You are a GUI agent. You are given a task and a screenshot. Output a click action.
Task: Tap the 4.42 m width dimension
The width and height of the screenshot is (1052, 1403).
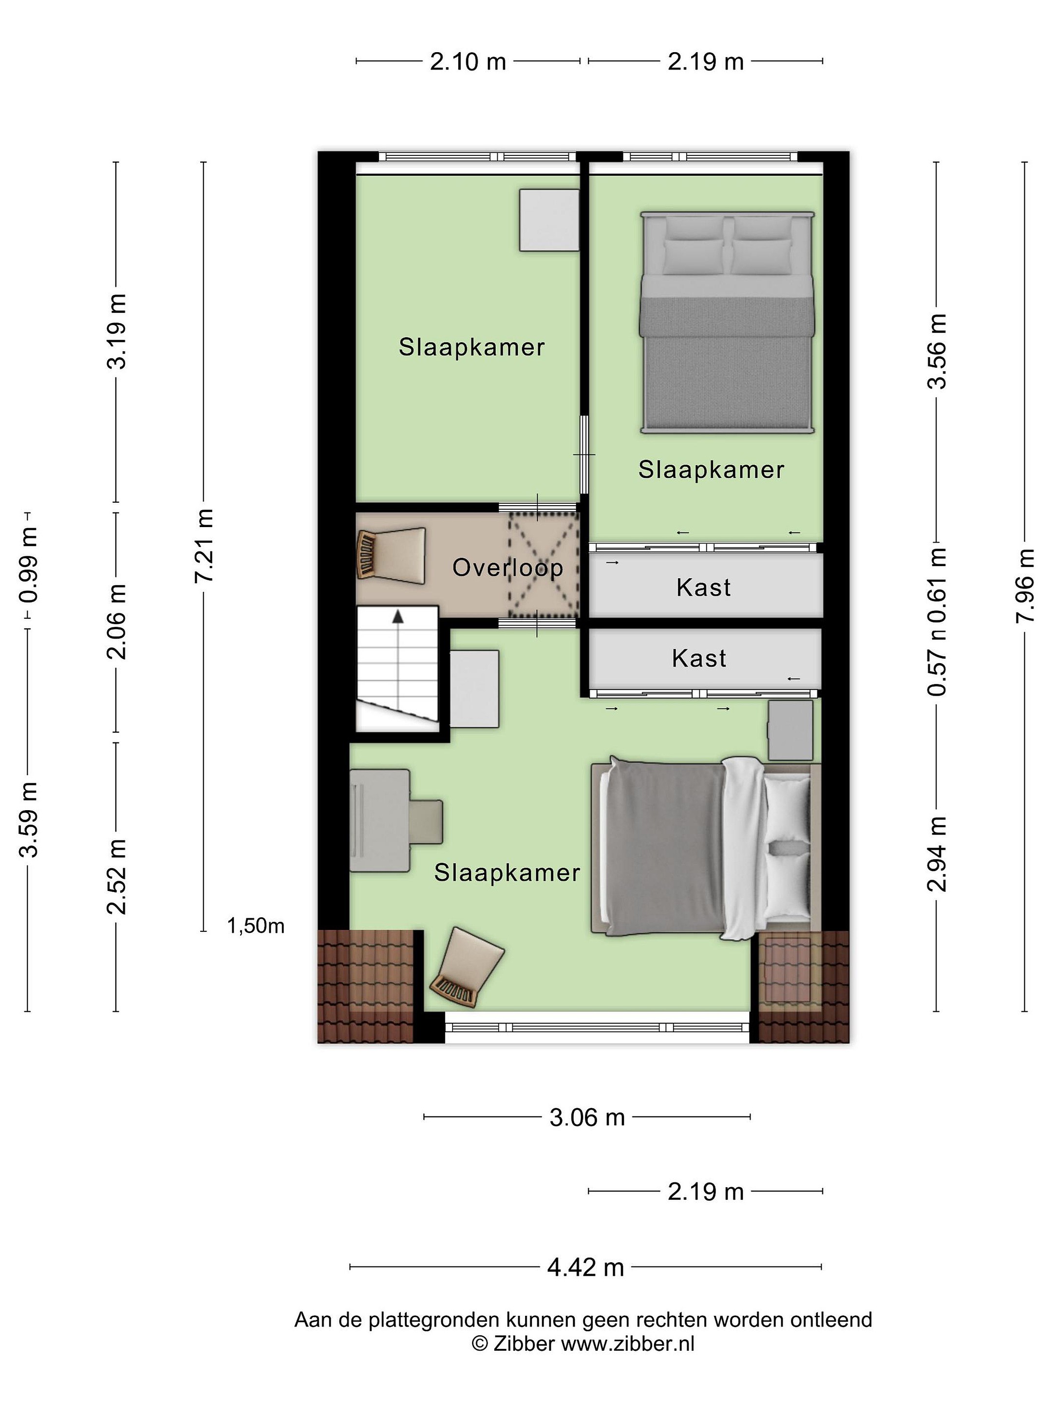coord(585,1267)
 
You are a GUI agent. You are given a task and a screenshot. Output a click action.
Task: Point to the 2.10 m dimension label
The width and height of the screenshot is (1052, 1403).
coord(468,61)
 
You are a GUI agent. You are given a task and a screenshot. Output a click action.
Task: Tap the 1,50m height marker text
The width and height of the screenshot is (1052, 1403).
coord(256,926)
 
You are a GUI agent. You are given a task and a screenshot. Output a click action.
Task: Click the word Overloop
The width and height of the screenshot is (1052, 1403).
coord(507,568)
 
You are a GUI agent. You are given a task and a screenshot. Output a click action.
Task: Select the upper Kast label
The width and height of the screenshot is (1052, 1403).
coord(703,588)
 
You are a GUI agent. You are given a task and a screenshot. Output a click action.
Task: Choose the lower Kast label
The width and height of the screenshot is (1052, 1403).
coord(699,658)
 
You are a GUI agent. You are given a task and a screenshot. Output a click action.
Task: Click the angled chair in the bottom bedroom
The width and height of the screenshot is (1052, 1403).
coord(466,968)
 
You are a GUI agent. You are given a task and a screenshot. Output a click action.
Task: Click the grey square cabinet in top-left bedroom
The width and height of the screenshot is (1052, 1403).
coord(549,220)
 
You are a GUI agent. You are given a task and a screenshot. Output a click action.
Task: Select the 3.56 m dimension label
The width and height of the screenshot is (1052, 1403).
coord(937,351)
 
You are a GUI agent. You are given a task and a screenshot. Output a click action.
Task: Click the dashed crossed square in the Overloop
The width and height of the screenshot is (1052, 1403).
coord(544,565)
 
